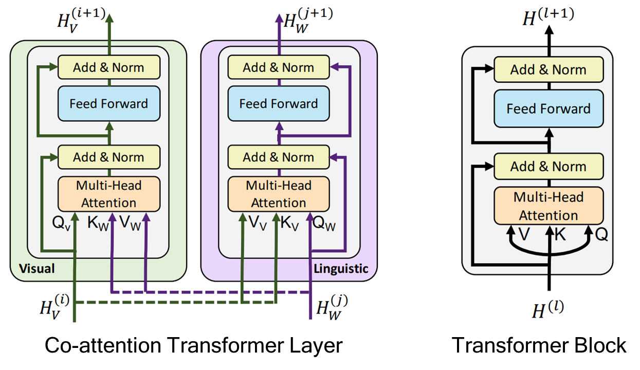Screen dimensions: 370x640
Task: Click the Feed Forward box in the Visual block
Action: coord(108,103)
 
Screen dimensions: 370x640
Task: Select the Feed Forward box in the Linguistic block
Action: coord(279,103)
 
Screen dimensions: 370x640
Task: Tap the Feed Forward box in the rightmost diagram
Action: coord(548,109)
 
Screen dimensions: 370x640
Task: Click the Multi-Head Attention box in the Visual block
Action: coord(108,194)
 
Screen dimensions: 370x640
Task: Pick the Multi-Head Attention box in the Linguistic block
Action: coord(279,194)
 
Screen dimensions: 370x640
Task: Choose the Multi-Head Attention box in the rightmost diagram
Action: coord(548,206)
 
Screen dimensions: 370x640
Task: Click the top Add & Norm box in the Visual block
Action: coord(108,67)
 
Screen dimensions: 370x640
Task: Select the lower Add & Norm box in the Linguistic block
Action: coord(279,157)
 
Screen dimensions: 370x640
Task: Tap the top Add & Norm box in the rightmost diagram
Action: coord(548,70)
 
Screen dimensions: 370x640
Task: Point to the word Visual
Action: coord(36,268)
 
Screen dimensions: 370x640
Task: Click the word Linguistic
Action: coord(341,268)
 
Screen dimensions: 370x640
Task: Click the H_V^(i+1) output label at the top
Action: coord(83,21)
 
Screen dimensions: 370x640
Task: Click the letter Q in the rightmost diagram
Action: coord(602,235)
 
